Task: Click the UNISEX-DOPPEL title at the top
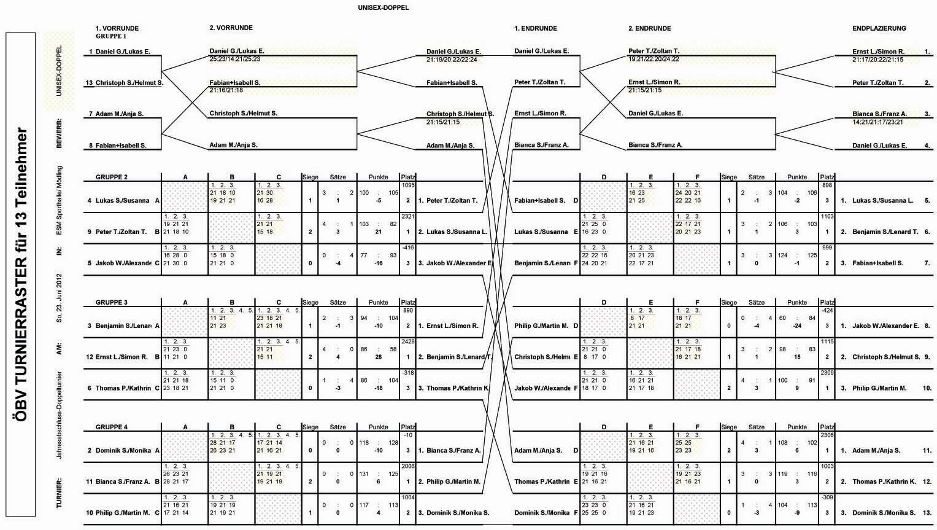383,8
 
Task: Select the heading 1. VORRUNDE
117,28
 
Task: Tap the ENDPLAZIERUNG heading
879,28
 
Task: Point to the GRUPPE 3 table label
112,302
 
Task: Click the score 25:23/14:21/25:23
235,60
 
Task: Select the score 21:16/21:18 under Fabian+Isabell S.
226,90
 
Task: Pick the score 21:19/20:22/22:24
452,60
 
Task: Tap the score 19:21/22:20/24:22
654,60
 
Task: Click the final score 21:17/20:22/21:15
877,60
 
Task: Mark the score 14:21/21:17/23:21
877,122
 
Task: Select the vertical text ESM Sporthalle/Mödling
60,200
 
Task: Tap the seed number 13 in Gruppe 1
90,83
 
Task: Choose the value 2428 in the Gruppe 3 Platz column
408,341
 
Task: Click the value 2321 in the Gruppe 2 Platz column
408,216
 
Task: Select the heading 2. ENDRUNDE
649,28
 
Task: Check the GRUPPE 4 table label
112,427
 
